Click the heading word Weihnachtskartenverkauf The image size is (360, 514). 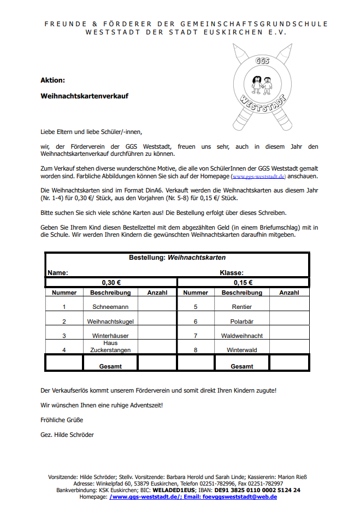click(x=84, y=96)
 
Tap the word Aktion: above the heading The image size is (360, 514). click(x=52, y=80)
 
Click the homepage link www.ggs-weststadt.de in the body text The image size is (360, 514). click(x=259, y=177)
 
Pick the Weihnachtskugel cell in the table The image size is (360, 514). click(x=110, y=322)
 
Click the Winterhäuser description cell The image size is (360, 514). click(x=110, y=336)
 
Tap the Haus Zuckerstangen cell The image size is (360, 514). click(x=110, y=347)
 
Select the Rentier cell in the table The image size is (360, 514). click(x=242, y=307)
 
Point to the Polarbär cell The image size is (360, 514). click(x=242, y=322)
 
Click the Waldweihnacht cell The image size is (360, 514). click(x=242, y=336)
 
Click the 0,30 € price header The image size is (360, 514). click(x=111, y=283)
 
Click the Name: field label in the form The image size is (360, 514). click(x=57, y=272)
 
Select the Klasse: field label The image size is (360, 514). click(x=232, y=272)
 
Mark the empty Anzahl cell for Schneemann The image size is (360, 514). click(x=157, y=307)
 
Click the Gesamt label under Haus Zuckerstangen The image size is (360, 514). click(x=110, y=366)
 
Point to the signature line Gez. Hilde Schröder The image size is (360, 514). click(x=67, y=435)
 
